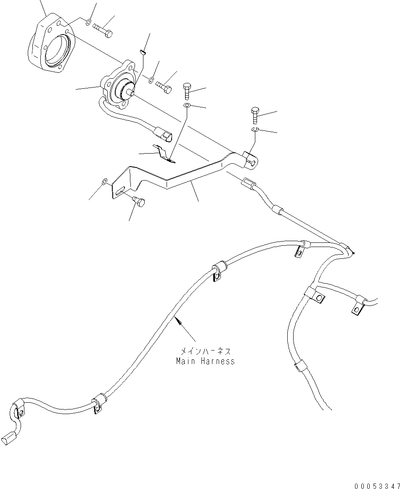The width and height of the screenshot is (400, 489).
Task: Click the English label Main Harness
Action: pos(205,361)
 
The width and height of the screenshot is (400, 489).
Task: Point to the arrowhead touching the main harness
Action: pos(178,322)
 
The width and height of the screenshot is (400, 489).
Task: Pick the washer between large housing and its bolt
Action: pos(87,22)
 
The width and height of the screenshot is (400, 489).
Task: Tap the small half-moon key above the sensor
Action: pos(143,52)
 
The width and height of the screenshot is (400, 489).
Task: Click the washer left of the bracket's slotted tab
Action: pos(105,181)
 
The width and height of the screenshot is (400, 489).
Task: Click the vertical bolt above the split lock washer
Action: pos(255,115)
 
